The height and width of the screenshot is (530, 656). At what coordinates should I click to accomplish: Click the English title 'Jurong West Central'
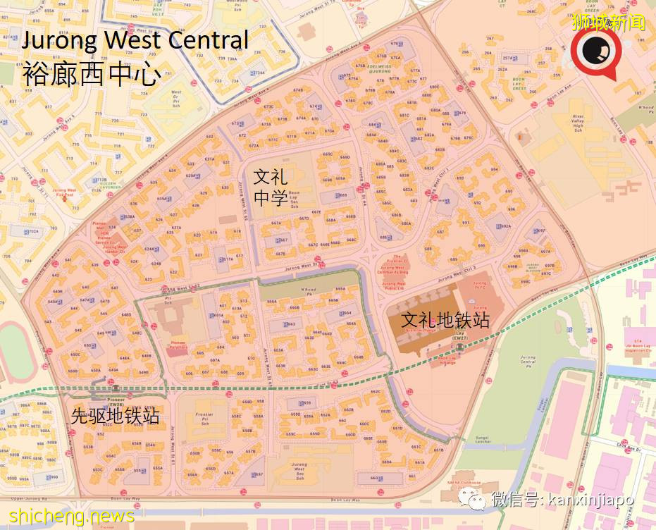point(135,40)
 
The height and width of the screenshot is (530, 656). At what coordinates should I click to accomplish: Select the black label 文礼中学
point(271,187)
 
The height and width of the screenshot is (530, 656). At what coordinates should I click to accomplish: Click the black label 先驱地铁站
point(115,417)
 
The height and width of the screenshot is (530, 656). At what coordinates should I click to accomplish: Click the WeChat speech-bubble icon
point(477,500)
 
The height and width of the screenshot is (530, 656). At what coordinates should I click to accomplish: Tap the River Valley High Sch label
point(578,123)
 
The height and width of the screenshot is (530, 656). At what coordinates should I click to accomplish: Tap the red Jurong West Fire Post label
point(65,191)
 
